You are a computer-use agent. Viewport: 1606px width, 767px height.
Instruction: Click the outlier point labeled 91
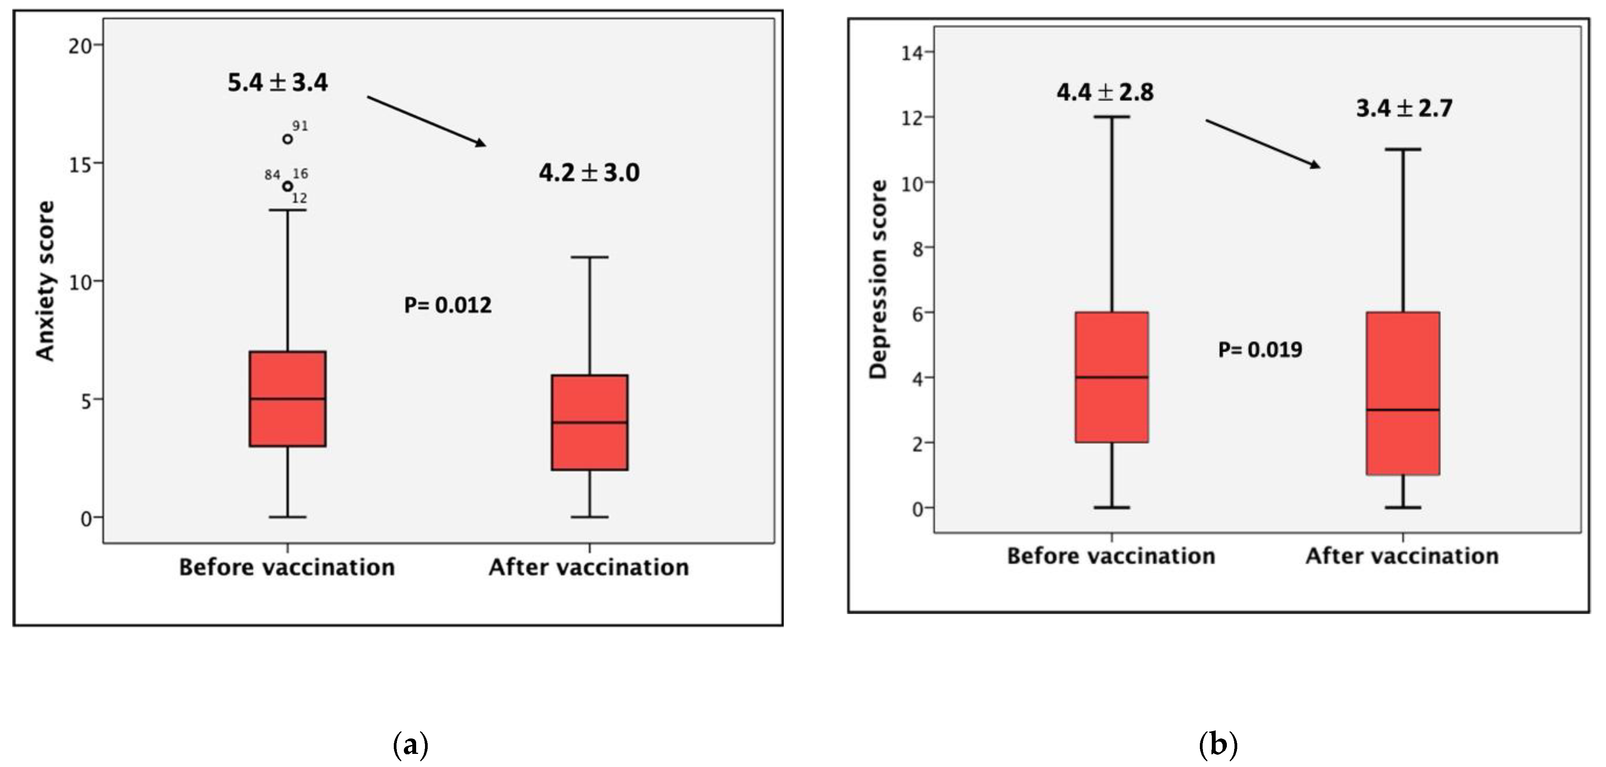[287, 139]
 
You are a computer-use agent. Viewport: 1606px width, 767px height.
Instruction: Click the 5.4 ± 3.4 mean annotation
[277, 83]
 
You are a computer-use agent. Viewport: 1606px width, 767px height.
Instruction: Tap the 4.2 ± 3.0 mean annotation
[589, 173]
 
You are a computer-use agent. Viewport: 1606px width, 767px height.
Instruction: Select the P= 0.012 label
[448, 305]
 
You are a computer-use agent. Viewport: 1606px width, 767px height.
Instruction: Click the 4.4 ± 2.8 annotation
[1105, 92]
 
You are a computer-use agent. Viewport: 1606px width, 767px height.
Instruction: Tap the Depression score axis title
[878, 279]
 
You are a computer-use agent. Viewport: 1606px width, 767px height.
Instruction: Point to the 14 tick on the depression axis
[912, 53]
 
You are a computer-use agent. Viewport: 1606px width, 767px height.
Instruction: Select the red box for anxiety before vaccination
[287, 399]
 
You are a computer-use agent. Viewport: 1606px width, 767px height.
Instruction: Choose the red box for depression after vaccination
[1403, 393]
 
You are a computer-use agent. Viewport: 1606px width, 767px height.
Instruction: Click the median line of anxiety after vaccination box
[589, 422]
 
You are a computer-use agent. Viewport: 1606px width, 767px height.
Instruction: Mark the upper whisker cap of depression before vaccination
[1112, 117]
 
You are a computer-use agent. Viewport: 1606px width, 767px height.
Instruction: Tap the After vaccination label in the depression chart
[1402, 556]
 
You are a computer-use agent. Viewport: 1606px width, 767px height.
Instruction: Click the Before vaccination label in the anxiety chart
[287, 567]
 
